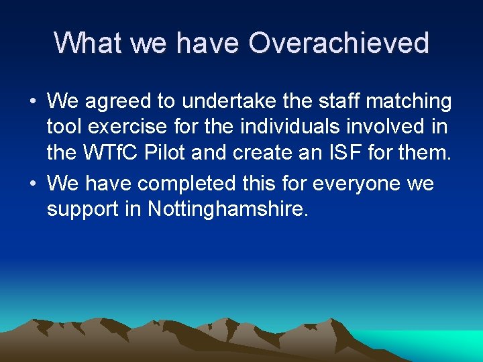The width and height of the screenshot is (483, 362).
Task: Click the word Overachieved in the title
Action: point(339,43)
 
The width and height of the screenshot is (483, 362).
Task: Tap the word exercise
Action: point(129,128)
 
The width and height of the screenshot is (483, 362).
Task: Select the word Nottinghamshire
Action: point(227,209)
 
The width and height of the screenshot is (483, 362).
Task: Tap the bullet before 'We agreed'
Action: point(32,103)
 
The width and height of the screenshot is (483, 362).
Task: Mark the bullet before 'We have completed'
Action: point(32,183)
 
